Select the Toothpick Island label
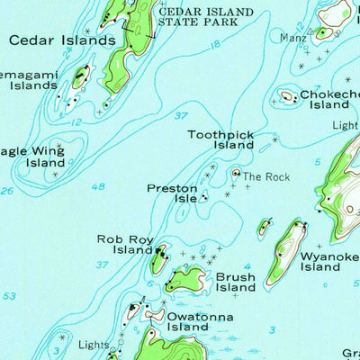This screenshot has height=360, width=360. click(x=220, y=139)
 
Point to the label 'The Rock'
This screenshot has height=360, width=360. click(x=265, y=177)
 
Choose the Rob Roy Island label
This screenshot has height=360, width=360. click(x=125, y=245)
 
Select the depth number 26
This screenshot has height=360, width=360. click(x=7, y=190)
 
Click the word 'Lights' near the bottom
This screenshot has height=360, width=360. click(x=94, y=345)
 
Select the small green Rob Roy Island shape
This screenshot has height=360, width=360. click(x=159, y=262)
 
